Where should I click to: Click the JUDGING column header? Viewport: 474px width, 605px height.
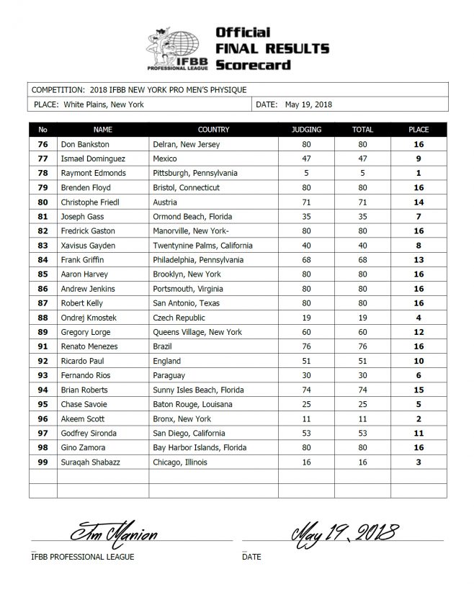click(307, 130)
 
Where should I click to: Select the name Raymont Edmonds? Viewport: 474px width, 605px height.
click(93, 173)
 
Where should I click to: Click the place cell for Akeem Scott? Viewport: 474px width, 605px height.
click(419, 418)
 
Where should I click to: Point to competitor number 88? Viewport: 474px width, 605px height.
click(43, 318)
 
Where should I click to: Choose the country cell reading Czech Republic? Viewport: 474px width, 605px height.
click(179, 318)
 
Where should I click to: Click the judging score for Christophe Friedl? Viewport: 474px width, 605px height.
click(307, 202)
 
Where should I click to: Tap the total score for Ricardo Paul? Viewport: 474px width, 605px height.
click(362, 361)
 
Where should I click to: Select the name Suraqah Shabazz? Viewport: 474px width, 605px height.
click(93, 462)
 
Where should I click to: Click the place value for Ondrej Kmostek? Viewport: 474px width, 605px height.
click(419, 318)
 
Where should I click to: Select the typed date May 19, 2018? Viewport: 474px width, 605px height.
click(309, 104)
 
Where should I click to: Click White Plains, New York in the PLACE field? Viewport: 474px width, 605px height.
click(104, 104)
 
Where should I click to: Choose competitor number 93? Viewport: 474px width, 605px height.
click(43, 375)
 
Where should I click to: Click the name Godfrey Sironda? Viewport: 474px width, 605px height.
click(91, 433)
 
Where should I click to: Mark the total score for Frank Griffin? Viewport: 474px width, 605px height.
click(362, 260)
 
